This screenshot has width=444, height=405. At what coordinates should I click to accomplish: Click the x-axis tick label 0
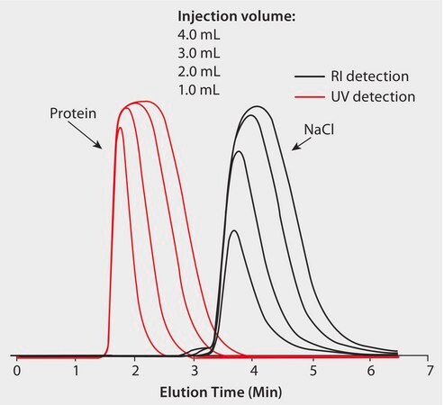click(x=17, y=370)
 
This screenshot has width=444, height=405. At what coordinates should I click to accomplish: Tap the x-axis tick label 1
click(x=77, y=370)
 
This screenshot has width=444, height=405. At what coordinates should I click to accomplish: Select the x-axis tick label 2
click(x=135, y=370)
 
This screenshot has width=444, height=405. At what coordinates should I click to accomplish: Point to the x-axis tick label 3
click(x=195, y=370)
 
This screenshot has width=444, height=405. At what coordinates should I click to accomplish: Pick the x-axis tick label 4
click(x=254, y=370)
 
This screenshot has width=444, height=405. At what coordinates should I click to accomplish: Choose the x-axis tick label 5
click(x=313, y=370)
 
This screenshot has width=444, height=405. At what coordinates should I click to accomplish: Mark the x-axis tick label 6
click(x=372, y=370)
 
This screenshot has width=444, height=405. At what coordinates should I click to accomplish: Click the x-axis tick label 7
click(x=430, y=370)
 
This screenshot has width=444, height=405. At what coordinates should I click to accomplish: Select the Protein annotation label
click(x=72, y=113)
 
